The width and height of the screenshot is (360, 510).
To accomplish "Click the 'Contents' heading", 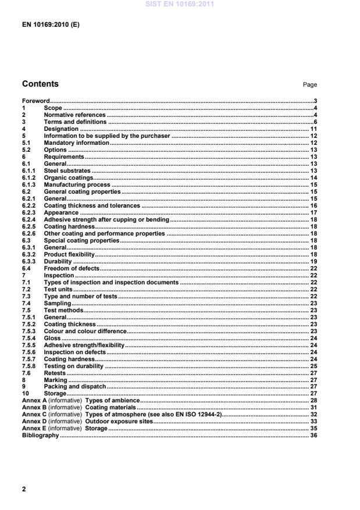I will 40,84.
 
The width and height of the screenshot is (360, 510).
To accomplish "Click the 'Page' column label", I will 309,85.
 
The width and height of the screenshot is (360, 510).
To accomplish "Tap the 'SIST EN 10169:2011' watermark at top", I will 180,4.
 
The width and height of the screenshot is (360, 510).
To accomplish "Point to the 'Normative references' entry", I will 75,115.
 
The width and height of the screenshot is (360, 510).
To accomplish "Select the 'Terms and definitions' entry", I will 75,122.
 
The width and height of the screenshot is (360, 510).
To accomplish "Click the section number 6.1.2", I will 30,177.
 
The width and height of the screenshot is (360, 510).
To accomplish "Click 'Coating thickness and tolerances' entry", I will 92,205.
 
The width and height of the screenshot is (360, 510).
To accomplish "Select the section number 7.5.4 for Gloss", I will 30,337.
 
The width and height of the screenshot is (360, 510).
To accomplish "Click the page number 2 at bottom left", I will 24,489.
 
